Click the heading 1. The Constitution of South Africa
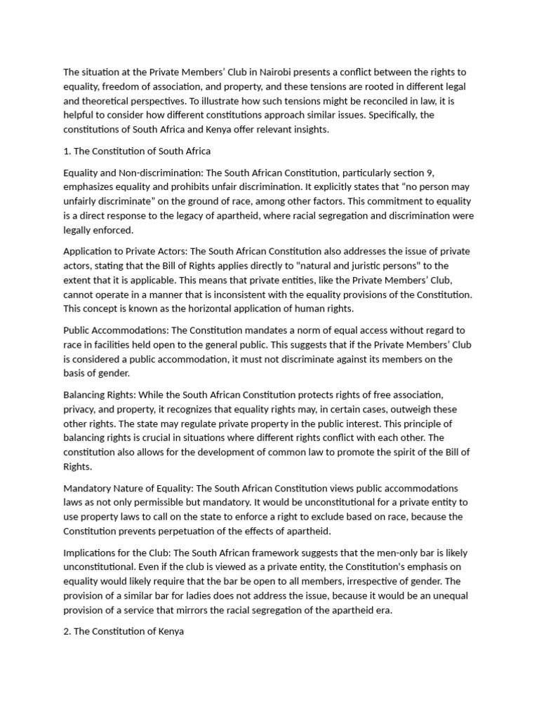coord(137,151)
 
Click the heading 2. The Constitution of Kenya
coord(124,631)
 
